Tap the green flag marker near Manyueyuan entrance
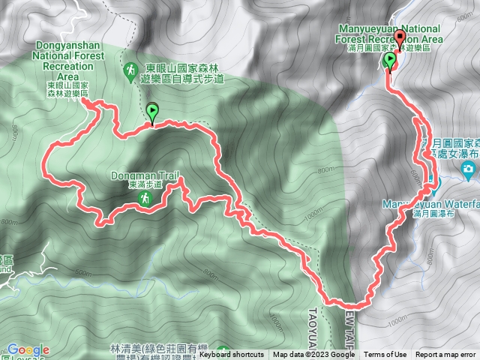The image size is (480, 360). coord(389,61)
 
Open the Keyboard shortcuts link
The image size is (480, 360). coord(232,355)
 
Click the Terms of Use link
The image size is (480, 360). coord(385,355)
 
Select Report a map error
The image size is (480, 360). coord(445,355)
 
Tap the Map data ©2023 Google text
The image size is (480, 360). coord(313,355)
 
